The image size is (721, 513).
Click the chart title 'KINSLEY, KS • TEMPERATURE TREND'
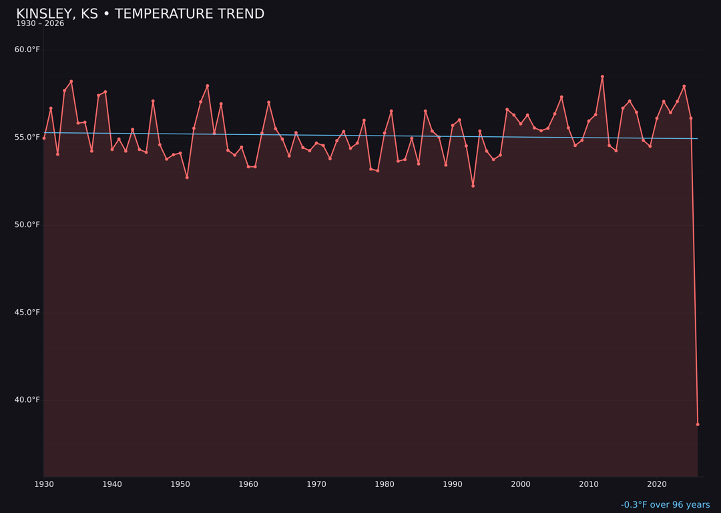pos(140,14)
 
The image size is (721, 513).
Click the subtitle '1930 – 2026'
pos(40,24)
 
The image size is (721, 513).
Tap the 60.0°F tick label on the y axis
pos(27,49)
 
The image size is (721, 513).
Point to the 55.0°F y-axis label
pos(27,137)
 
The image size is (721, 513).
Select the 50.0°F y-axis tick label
pos(27,224)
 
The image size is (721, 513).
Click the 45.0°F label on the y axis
pos(27,312)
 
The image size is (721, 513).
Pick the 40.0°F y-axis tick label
pos(27,399)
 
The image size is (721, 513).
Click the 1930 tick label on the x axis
pos(44,484)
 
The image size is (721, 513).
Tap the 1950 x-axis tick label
pos(180,484)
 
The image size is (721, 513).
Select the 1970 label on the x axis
pos(316,484)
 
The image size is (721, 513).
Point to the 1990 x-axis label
pos(453,484)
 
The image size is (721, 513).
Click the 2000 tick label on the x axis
pos(521,484)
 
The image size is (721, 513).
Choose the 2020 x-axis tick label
pos(657,484)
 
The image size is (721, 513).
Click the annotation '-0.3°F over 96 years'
pos(665,505)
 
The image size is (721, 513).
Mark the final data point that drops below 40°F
pos(698,424)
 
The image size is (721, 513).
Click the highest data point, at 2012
pos(602,77)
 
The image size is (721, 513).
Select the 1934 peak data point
pos(71,81)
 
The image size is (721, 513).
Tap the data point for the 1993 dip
pos(473,186)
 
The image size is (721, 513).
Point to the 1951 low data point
pos(187,177)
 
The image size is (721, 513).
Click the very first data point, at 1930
pos(44,138)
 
